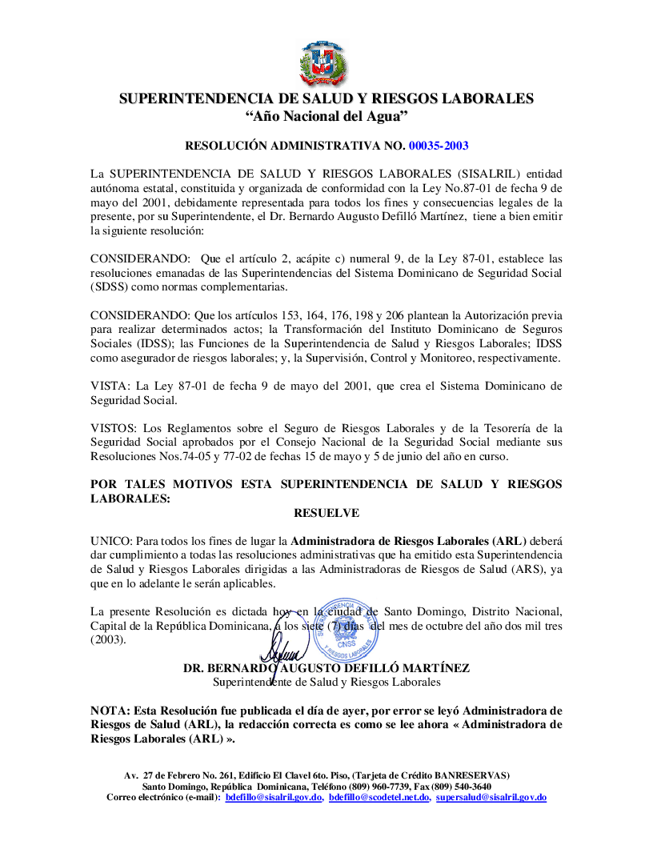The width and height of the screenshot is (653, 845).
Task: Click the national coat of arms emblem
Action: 326,63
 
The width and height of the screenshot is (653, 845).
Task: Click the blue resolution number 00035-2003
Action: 439,146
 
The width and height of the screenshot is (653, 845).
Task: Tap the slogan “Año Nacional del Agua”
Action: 326,117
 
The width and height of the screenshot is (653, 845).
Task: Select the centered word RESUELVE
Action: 326,513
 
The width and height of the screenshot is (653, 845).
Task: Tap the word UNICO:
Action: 110,541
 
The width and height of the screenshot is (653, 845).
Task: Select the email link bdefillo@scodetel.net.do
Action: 379,798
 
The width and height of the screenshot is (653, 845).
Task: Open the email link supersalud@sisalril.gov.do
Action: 491,798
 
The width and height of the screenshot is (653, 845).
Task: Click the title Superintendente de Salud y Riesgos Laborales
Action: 326,683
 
